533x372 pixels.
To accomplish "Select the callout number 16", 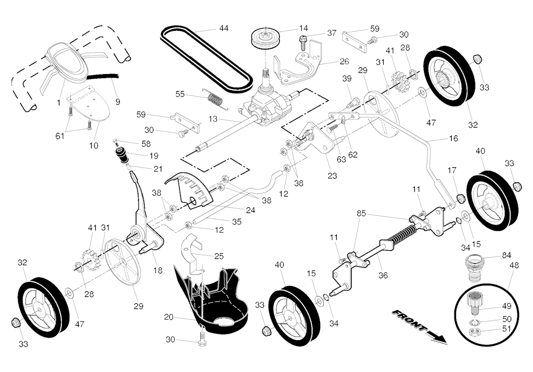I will tap(453, 139).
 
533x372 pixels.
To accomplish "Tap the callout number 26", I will tap(344, 61).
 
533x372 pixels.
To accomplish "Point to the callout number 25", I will tap(219, 256).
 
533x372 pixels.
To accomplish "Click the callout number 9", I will tap(117, 102).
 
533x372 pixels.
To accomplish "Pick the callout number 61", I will tap(60, 135).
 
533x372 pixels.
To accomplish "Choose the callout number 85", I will tap(362, 213).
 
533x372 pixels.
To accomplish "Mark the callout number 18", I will tap(158, 270).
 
